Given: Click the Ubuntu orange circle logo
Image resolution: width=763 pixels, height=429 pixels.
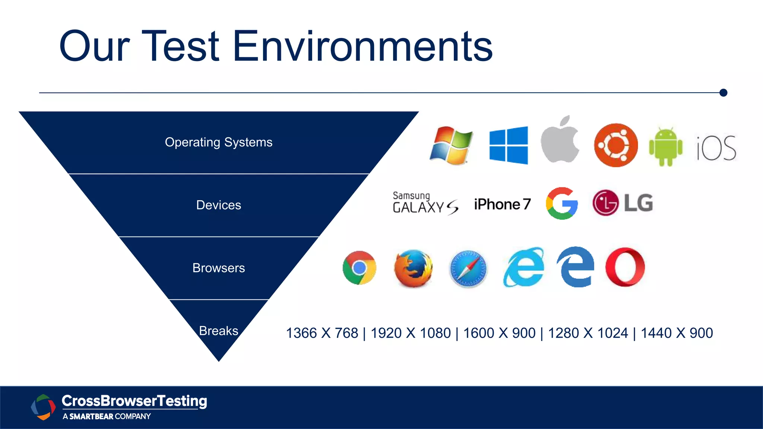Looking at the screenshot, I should (x=616, y=145).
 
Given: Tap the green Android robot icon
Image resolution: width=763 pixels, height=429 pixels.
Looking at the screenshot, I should (x=666, y=147).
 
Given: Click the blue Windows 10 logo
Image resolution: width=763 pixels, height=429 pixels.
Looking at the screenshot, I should (x=509, y=145).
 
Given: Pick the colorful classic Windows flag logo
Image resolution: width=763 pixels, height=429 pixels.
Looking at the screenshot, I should (x=451, y=146).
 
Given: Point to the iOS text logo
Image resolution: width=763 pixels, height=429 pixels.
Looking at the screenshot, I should (x=716, y=148).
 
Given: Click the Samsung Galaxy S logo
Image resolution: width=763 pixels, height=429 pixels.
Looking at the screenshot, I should (x=425, y=203).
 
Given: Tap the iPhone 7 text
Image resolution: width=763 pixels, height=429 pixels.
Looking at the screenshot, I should (x=502, y=204).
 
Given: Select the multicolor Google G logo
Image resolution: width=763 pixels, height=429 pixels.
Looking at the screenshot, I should (x=562, y=203).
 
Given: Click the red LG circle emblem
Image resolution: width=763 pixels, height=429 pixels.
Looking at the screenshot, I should (x=605, y=203).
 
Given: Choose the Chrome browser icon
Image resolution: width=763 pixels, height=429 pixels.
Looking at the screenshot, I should (x=360, y=268).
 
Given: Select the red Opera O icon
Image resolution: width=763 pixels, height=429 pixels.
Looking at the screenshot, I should (x=625, y=267).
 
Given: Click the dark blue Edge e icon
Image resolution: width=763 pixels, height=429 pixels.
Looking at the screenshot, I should (x=575, y=267).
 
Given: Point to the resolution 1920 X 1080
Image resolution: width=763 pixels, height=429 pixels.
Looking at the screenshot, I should (x=411, y=333).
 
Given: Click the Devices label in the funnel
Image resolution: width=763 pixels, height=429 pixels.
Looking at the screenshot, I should (x=219, y=205).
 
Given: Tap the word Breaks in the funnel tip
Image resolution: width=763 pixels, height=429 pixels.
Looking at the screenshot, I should (x=219, y=331).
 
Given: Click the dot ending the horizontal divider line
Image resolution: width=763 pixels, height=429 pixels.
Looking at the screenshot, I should (x=724, y=93).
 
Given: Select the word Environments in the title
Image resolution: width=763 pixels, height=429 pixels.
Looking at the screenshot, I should (x=363, y=46).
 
